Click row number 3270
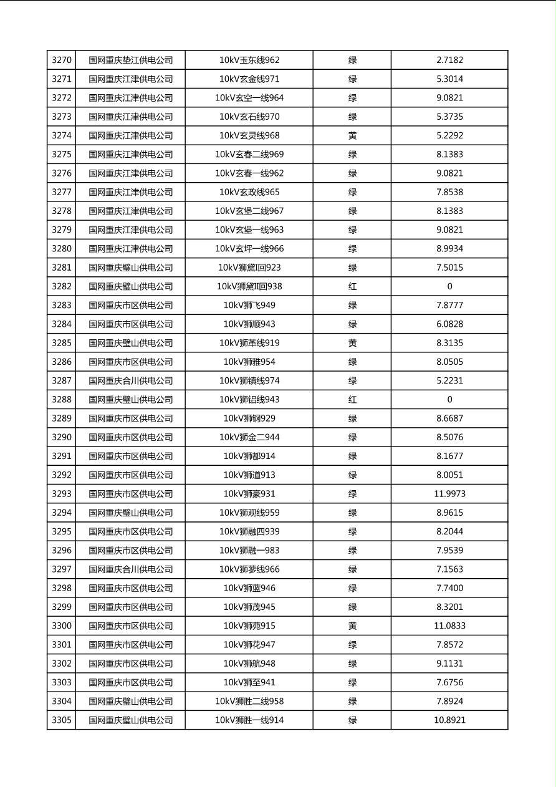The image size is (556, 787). coord(62,60)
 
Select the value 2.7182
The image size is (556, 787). coord(449,60)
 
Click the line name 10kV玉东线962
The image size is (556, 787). coord(249,60)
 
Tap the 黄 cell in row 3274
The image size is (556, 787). coord(352,135)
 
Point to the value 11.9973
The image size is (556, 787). coord(449,494)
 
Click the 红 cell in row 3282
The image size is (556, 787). coord(352,286)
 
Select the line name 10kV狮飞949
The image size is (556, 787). coord(249,305)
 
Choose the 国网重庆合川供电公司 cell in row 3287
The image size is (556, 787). coord(130,380)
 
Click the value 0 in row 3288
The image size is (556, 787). coord(449,399)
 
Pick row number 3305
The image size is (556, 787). coord(62,720)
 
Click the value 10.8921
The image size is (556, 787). coord(449,720)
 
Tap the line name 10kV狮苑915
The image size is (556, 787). coord(249,625)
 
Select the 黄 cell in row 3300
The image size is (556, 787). coord(352,625)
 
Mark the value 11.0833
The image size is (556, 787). coord(449,625)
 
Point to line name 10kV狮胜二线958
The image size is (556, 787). coord(249,701)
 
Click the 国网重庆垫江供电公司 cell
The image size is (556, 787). coord(130,60)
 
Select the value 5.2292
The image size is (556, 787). coord(449,135)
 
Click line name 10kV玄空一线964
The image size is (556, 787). coord(249,98)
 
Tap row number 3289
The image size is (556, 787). coord(62,418)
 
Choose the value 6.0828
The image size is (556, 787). coord(449,324)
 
